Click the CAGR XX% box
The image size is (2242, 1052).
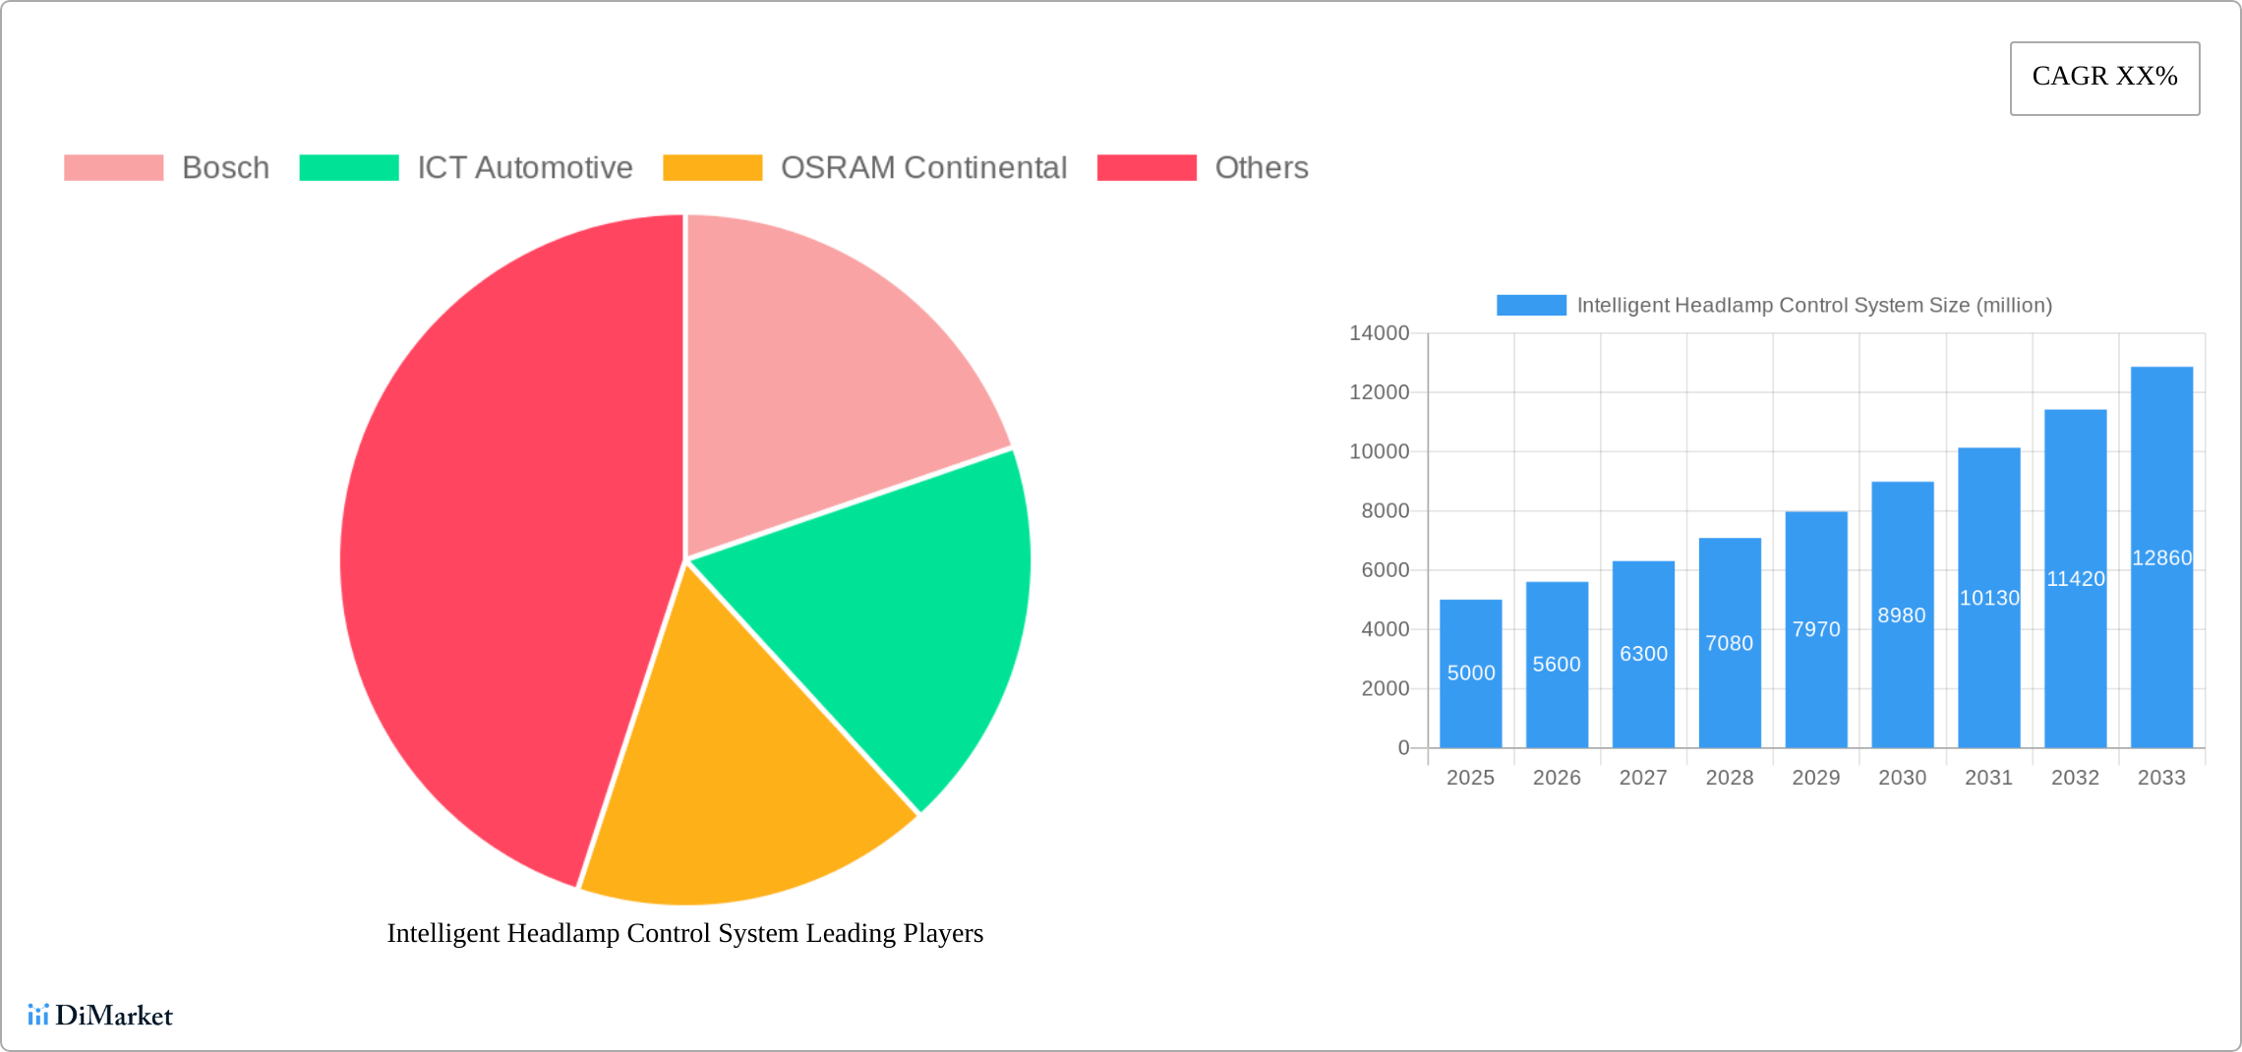(x=2104, y=78)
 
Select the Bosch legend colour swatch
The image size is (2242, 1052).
(x=113, y=168)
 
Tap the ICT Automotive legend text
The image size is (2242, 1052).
(x=524, y=168)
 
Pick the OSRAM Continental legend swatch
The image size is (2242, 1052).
(x=712, y=168)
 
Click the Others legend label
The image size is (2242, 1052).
(x=1261, y=168)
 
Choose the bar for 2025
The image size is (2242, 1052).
(x=1470, y=688)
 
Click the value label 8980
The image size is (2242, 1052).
(x=1902, y=615)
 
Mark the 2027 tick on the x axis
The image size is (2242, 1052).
(x=1643, y=778)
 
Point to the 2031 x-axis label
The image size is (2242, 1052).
(x=1988, y=778)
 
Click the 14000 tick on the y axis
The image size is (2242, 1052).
(x=1379, y=333)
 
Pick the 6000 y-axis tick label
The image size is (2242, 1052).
(x=1385, y=570)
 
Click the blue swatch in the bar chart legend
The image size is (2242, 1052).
(x=1530, y=306)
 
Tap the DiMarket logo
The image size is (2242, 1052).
(x=100, y=1016)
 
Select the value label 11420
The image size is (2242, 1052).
(x=2075, y=579)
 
